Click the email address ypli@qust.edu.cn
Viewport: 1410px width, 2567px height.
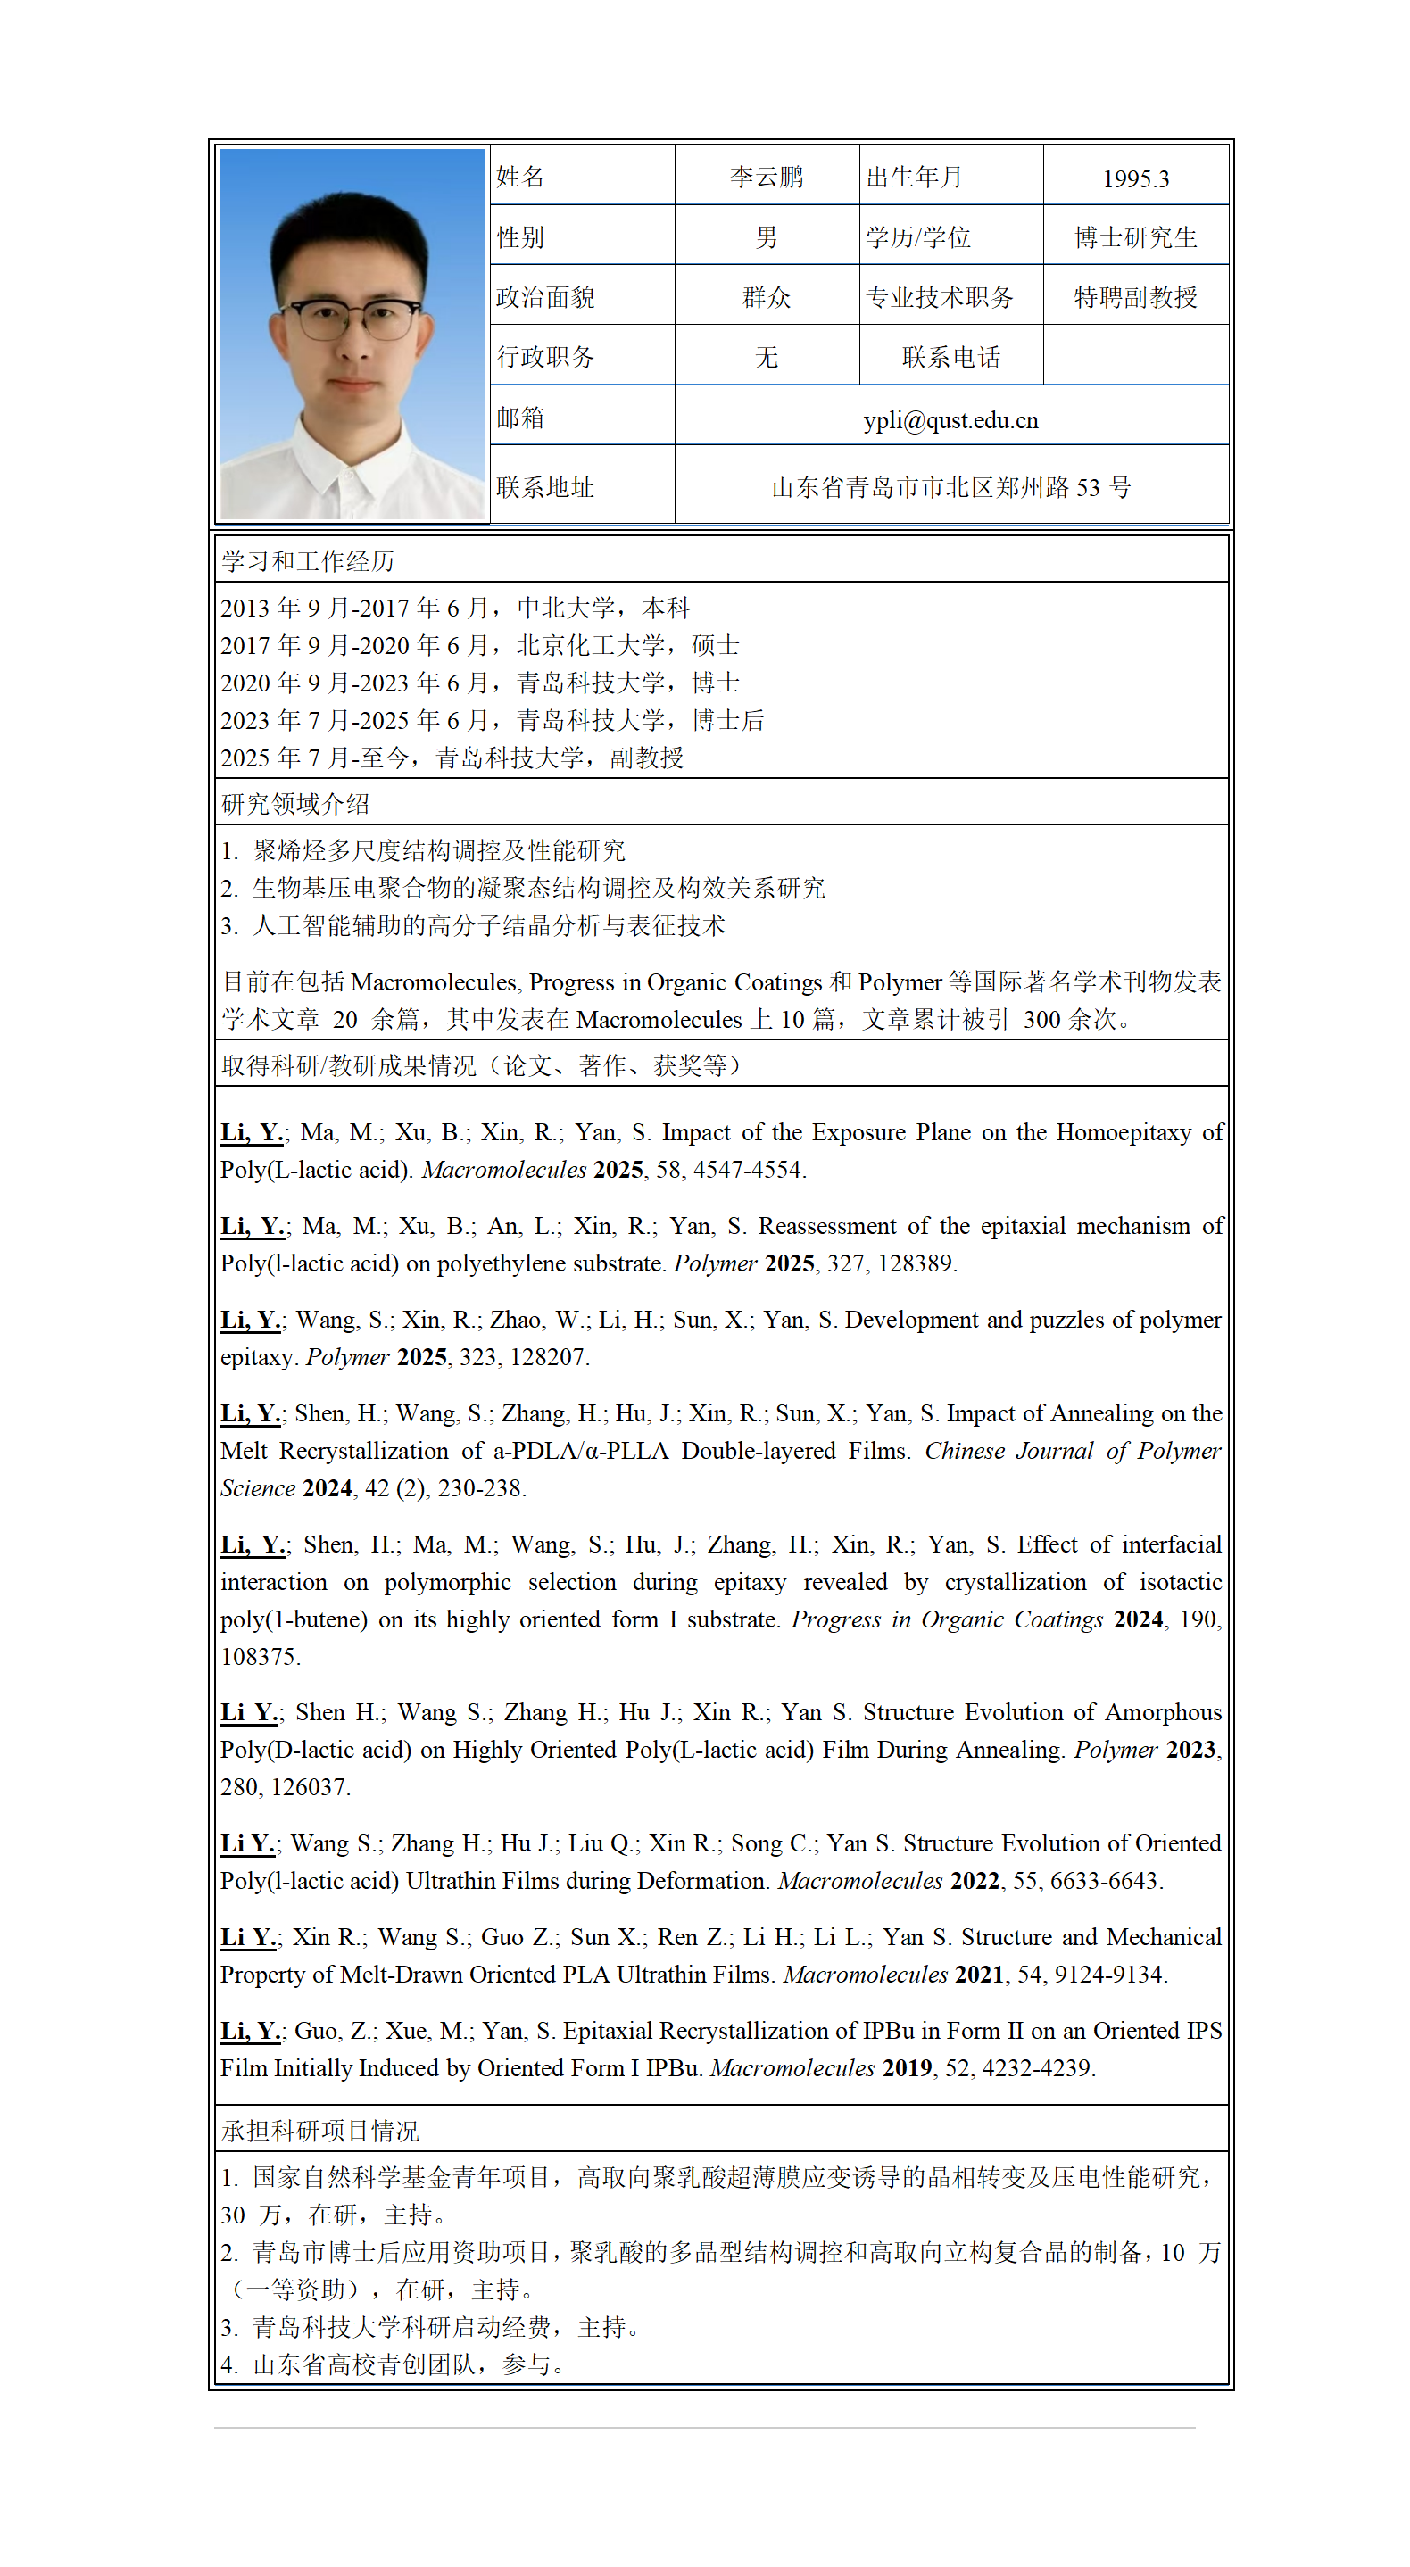(950, 420)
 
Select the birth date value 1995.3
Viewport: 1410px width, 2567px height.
(1135, 179)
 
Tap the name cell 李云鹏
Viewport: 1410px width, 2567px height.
(766, 178)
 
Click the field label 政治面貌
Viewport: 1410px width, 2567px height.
(545, 297)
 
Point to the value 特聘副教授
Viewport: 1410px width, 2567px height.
(1135, 297)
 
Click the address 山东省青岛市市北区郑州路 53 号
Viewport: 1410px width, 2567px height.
(950, 487)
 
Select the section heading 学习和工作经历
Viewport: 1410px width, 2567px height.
(308, 561)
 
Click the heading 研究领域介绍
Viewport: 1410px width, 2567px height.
(295, 804)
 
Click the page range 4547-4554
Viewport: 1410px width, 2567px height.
(749, 1170)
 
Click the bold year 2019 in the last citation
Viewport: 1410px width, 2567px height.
(907, 2067)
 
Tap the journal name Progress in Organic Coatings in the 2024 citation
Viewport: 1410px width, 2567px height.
(947, 1619)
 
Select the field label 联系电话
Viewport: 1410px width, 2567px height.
(950, 357)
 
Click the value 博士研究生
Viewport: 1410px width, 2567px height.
(1135, 237)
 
